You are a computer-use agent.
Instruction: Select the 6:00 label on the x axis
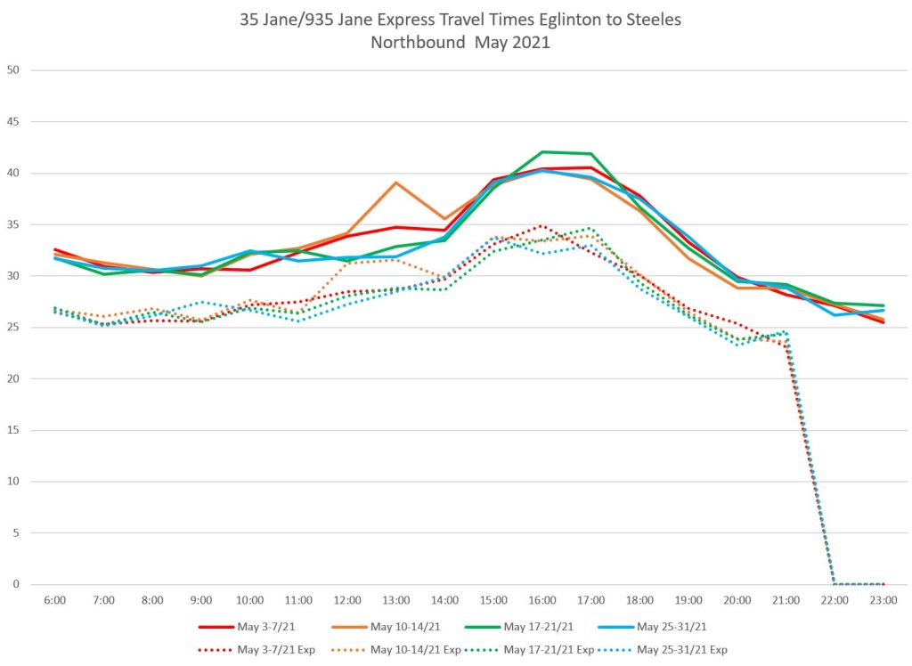pos(54,601)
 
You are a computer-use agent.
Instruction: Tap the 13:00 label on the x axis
pos(395,601)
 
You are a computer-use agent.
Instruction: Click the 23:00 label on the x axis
pos(883,601)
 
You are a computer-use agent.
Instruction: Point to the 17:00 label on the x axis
pos(590,601)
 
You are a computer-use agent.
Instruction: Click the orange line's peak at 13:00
pos(395,183)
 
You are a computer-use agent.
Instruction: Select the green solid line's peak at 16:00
pos(542,151)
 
